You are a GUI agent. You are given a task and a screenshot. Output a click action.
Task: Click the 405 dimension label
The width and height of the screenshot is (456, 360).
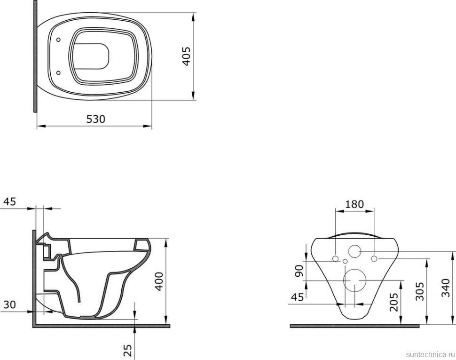click(186, 56)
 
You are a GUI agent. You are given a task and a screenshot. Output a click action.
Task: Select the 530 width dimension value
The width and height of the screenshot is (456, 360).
click(96, 119)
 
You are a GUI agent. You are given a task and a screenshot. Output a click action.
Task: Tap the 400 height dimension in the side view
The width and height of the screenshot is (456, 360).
click(159, 281)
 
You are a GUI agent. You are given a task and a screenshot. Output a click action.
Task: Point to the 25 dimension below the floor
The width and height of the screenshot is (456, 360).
click(128, 350)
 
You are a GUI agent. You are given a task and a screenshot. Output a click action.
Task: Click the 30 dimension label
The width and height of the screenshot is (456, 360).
click(9, 304)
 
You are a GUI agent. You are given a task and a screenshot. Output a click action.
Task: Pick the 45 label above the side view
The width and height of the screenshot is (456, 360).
click(9, 201)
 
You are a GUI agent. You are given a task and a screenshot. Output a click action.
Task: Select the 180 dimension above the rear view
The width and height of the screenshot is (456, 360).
click(354, 204)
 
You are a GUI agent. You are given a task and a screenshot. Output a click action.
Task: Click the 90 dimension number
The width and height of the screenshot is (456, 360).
click(299, 271)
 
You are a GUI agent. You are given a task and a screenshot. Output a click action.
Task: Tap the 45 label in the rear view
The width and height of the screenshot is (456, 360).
click(297, 297)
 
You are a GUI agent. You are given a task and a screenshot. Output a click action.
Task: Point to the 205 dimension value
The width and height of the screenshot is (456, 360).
click(394, 302)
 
